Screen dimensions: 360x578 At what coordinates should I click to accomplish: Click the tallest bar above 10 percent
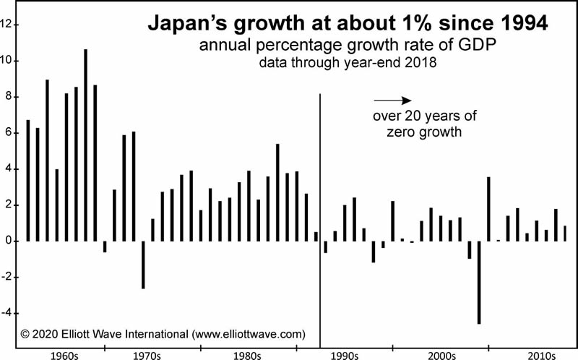(x=85, y=145)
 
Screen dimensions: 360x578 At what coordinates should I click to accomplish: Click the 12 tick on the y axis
(x=7, y=25)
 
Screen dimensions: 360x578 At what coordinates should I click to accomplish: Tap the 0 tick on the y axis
(x=9, y=241)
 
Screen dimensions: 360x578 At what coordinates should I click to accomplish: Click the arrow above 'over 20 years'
(x=392, y=100)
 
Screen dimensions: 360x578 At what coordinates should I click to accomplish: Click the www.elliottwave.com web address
(x=247, y=334)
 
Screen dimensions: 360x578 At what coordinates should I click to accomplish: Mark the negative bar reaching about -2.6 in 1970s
(x=143, y=265)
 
